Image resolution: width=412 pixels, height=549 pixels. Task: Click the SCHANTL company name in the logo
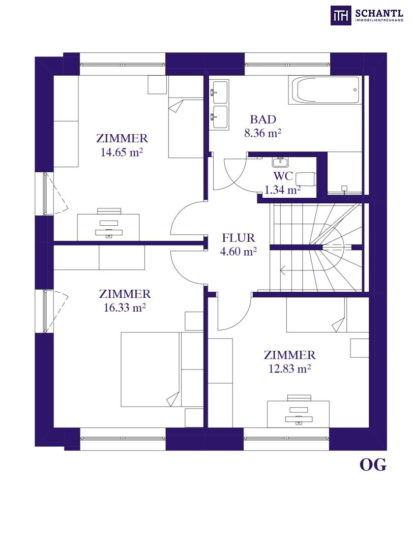(379, 14)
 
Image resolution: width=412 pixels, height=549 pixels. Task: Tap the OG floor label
(373, 465)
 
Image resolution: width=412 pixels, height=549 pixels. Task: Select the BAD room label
(263, 119)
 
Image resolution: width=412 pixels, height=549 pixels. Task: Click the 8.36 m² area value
(263, 133)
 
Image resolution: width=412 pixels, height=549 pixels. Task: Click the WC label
(283, 176)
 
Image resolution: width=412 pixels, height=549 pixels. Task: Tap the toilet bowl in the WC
(306, 179)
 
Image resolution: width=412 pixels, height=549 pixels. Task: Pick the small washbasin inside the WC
(280, 162)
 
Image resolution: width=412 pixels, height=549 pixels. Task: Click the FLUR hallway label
(238, 238)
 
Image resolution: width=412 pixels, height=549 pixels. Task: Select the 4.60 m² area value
(238, 252)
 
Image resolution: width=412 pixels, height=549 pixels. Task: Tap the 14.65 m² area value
(122, 152)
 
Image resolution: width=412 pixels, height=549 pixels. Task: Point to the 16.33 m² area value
(125, 308)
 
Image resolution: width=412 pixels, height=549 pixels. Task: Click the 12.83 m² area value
(290, 369)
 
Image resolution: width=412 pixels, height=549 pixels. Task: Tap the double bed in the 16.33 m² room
(162, 370)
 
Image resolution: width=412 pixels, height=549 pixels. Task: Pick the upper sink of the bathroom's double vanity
(219, 91)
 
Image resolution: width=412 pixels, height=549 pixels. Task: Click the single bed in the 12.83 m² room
(328, 315)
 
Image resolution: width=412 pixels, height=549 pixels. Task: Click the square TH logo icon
(341, 16)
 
